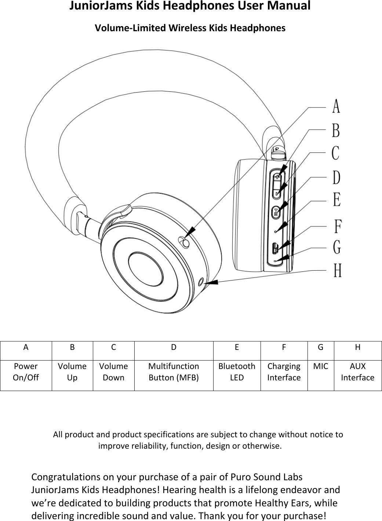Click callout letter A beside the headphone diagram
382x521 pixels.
tap(336, 106)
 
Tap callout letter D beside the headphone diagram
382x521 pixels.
tap(336, 177)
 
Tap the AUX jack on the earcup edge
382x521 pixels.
tap(201, 282)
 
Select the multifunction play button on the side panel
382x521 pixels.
tap(276, 212)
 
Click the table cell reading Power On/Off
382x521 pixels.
tap(26, 372)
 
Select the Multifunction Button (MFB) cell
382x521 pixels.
tap(174, 372)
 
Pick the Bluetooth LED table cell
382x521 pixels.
tap(237, 372)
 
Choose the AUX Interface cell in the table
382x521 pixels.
tap(357, 372)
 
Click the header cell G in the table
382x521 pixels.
tap(320, 347)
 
